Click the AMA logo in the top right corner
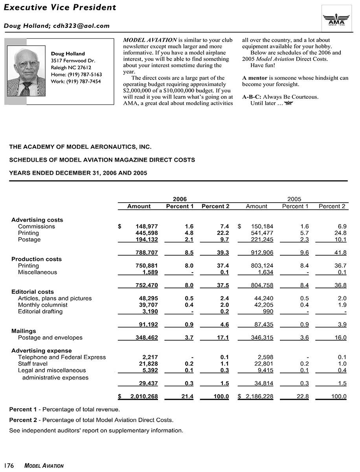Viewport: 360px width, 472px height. (x=336, y=18)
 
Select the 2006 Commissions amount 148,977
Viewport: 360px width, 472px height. (x=143, y=227)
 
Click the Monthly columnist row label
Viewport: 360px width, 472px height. (x=42, y=305)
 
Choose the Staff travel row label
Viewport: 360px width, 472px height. (x=33, y=364)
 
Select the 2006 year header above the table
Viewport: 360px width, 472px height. (x=180, y=199)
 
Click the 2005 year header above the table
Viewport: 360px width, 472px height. (x=294, y=199)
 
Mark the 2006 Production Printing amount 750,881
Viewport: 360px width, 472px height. (x=143, y=266)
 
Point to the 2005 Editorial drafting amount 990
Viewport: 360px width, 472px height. (x=268, y=312)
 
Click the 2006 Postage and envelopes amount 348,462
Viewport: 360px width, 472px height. (x=143, y=337)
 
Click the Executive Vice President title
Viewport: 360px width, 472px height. (x=60, y=7)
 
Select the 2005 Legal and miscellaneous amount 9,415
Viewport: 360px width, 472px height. (x=265, y=370)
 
